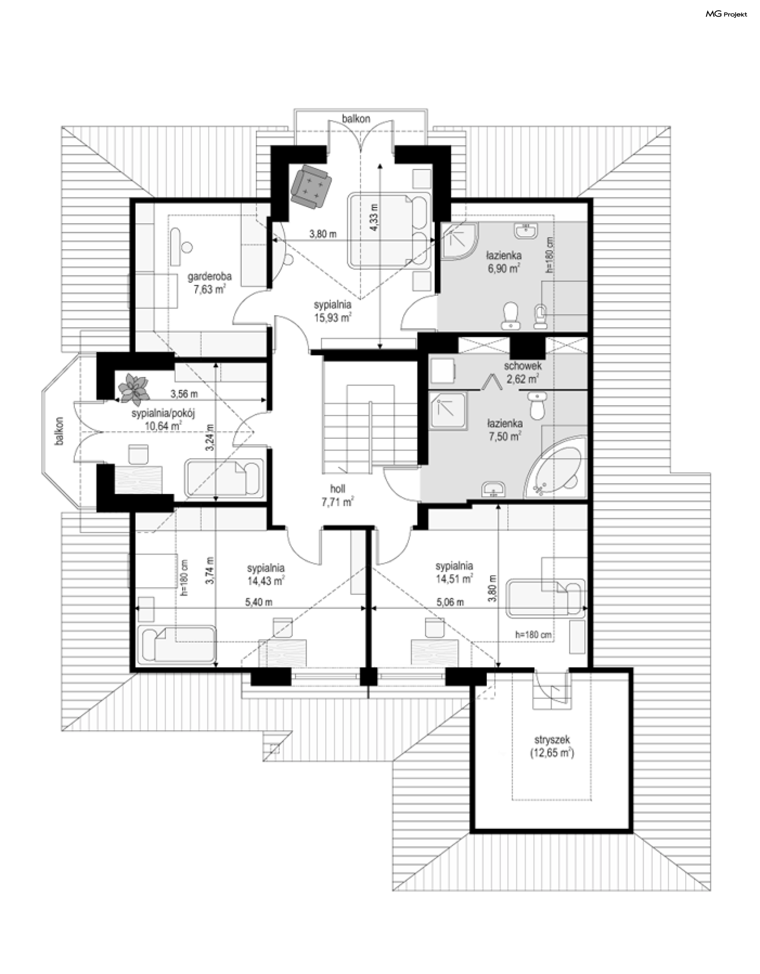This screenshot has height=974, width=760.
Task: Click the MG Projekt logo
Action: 726,14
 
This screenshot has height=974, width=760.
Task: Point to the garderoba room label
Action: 209,277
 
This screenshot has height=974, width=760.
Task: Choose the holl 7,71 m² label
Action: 338,495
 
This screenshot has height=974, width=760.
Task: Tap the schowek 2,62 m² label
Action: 522,372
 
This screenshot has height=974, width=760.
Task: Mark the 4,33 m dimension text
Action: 374,217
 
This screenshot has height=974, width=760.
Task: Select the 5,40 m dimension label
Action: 259,602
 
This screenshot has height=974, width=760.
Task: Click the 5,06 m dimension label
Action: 450,602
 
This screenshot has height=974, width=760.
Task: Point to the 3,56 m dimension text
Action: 184,394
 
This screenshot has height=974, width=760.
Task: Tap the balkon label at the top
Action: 356,119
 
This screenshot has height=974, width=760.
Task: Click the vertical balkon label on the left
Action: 59,431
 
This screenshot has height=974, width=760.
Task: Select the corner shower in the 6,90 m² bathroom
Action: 459,241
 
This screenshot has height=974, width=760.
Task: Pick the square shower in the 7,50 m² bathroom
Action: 449,411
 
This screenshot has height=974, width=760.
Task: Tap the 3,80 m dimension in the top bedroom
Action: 323,234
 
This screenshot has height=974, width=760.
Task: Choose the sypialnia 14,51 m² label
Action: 454,572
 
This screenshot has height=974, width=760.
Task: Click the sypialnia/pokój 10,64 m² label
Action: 163,420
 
